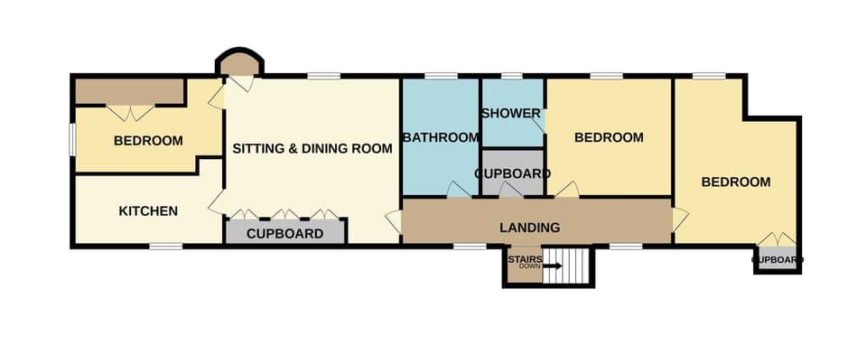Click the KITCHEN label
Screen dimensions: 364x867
pos(147,211)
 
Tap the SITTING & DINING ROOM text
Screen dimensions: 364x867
pos(312,148)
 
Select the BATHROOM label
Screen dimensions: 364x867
pos(440,138)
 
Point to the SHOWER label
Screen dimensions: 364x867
pos(510,114)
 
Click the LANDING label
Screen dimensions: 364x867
pos(529,228)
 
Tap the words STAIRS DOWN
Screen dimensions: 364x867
pos(525,263)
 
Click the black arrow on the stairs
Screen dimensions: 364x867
pos(552,266)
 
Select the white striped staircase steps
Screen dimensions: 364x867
pos(577,265)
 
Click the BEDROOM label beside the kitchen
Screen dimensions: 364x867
pos(148,141)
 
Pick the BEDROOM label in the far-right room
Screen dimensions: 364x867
pos(736,182)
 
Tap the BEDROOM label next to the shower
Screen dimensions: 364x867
pos(609,138)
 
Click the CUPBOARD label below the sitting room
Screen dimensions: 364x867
pos(284,234)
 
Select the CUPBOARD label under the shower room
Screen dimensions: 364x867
pos(512,173)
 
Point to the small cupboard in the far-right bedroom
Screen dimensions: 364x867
pos(777,260)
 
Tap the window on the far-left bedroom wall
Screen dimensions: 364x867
pos(73,140)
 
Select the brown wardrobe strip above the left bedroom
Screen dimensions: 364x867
pos(129,91)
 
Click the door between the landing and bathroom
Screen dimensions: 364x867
pos(459,191)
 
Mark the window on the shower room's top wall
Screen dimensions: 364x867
pos(512,75)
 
